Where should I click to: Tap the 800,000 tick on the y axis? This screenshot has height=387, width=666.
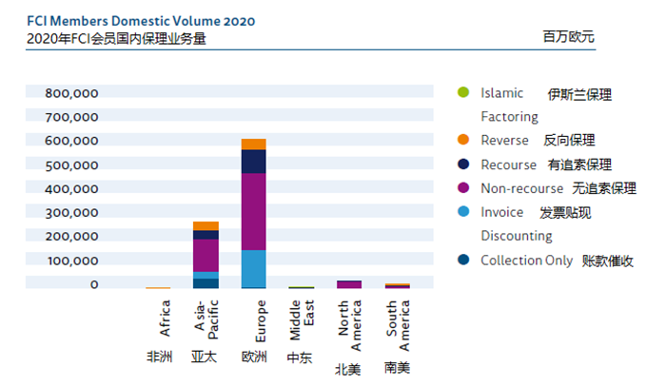coord(71,93)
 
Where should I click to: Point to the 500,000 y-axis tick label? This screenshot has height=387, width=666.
coord(71,164)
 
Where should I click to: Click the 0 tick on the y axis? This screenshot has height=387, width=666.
coord(93,283)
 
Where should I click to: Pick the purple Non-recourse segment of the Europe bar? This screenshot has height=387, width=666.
coord(253,211)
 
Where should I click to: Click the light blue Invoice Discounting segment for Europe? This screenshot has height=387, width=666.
coord(253,268)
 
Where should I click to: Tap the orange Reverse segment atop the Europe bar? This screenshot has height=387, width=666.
coord(253,144)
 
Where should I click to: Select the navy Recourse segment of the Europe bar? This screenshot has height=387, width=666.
coord(253,161)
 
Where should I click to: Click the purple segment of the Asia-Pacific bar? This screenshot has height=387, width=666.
coord(206,255)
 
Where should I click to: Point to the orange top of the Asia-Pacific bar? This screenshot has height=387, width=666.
coord(206,225)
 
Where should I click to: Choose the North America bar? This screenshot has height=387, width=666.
coord(349,283)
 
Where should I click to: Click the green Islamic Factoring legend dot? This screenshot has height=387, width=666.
coord(463,93)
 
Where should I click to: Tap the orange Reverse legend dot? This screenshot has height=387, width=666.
coord(463,141)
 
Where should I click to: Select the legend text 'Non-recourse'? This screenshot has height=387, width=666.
coord(521,188)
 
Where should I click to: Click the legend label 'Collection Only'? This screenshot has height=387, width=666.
coord(526,260)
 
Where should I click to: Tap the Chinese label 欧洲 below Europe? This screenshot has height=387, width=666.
coord(254,358)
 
